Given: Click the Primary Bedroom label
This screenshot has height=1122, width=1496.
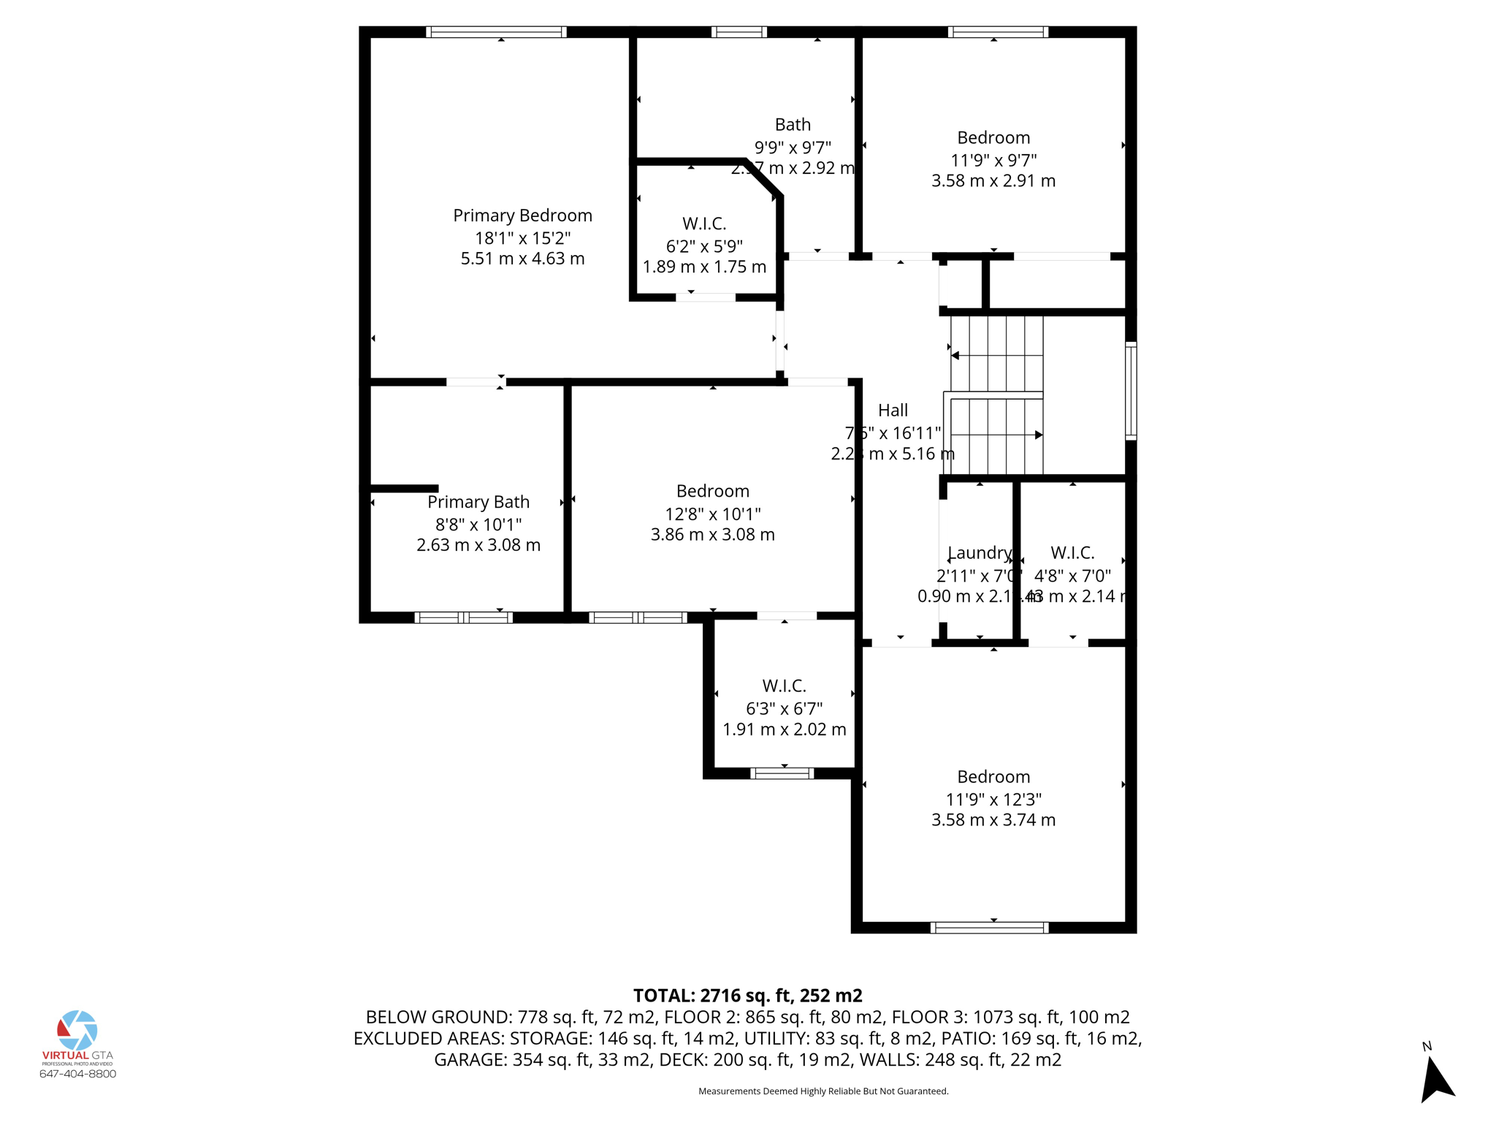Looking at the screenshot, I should (x=522, y=215).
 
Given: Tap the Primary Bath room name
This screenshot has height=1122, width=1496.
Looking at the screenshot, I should (x=478, y=502).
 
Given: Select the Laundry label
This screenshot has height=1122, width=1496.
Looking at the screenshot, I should (x=979, y=553).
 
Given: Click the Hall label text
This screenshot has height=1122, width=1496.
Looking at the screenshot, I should (x=893, y=411).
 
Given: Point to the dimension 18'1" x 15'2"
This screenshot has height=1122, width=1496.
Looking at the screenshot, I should (x=522, y=238).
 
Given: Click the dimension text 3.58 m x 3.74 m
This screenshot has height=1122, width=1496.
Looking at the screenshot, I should (x=993, y=820).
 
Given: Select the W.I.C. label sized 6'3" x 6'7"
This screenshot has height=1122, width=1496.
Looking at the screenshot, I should (x=784, y=686).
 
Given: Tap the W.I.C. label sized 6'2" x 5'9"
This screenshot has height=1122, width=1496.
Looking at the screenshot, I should (x=704, y=224).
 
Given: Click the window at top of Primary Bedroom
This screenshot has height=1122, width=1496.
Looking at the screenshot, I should (x=496, y=32).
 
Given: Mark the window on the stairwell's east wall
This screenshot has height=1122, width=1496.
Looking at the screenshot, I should (x=1130, y=391).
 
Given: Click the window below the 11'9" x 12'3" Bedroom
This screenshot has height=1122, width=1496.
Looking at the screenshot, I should (x=989, y=928).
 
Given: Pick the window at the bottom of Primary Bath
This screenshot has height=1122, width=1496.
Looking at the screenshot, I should (x=463, y=618).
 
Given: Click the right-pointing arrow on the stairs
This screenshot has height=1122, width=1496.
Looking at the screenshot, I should (x=1037, y=435).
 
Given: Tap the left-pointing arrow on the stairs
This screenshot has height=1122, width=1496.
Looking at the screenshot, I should (x=955, y=356).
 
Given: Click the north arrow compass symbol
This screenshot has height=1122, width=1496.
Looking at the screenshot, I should (x=1436, y=1078).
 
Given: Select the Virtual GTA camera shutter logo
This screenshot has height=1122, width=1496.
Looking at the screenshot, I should (x=77, y=1030).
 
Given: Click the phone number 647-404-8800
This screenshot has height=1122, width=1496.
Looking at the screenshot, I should (x=77, y=1074).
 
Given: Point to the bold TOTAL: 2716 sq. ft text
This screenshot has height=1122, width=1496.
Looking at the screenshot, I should (x=747, y=996).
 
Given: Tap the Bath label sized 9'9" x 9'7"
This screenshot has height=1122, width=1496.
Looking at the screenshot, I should (x=793, y=125).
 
